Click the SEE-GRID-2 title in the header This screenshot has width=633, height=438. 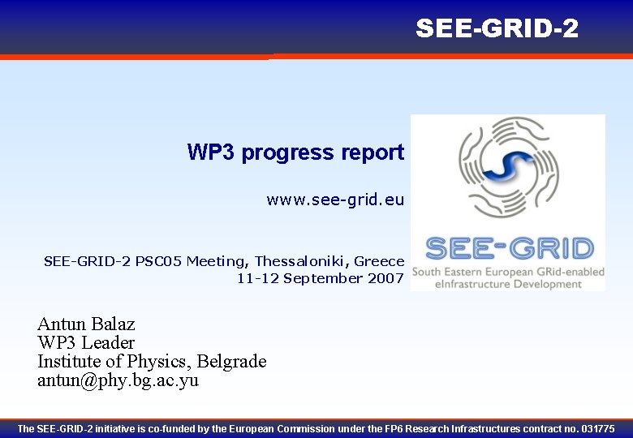[x=497, y=28]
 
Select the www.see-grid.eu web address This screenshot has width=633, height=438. [x=334, y=200]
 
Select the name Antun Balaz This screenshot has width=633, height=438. [x=86, y=324]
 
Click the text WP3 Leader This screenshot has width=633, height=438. [x=86, y=342]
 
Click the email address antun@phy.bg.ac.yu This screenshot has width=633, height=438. [x=118, y=380]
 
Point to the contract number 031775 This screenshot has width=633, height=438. [x=598, y=428]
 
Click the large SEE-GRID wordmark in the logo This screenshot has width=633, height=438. [x=509, y=248]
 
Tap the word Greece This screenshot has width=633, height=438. [x=380, y=261]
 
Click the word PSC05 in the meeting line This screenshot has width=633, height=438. [x=159, y=261]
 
